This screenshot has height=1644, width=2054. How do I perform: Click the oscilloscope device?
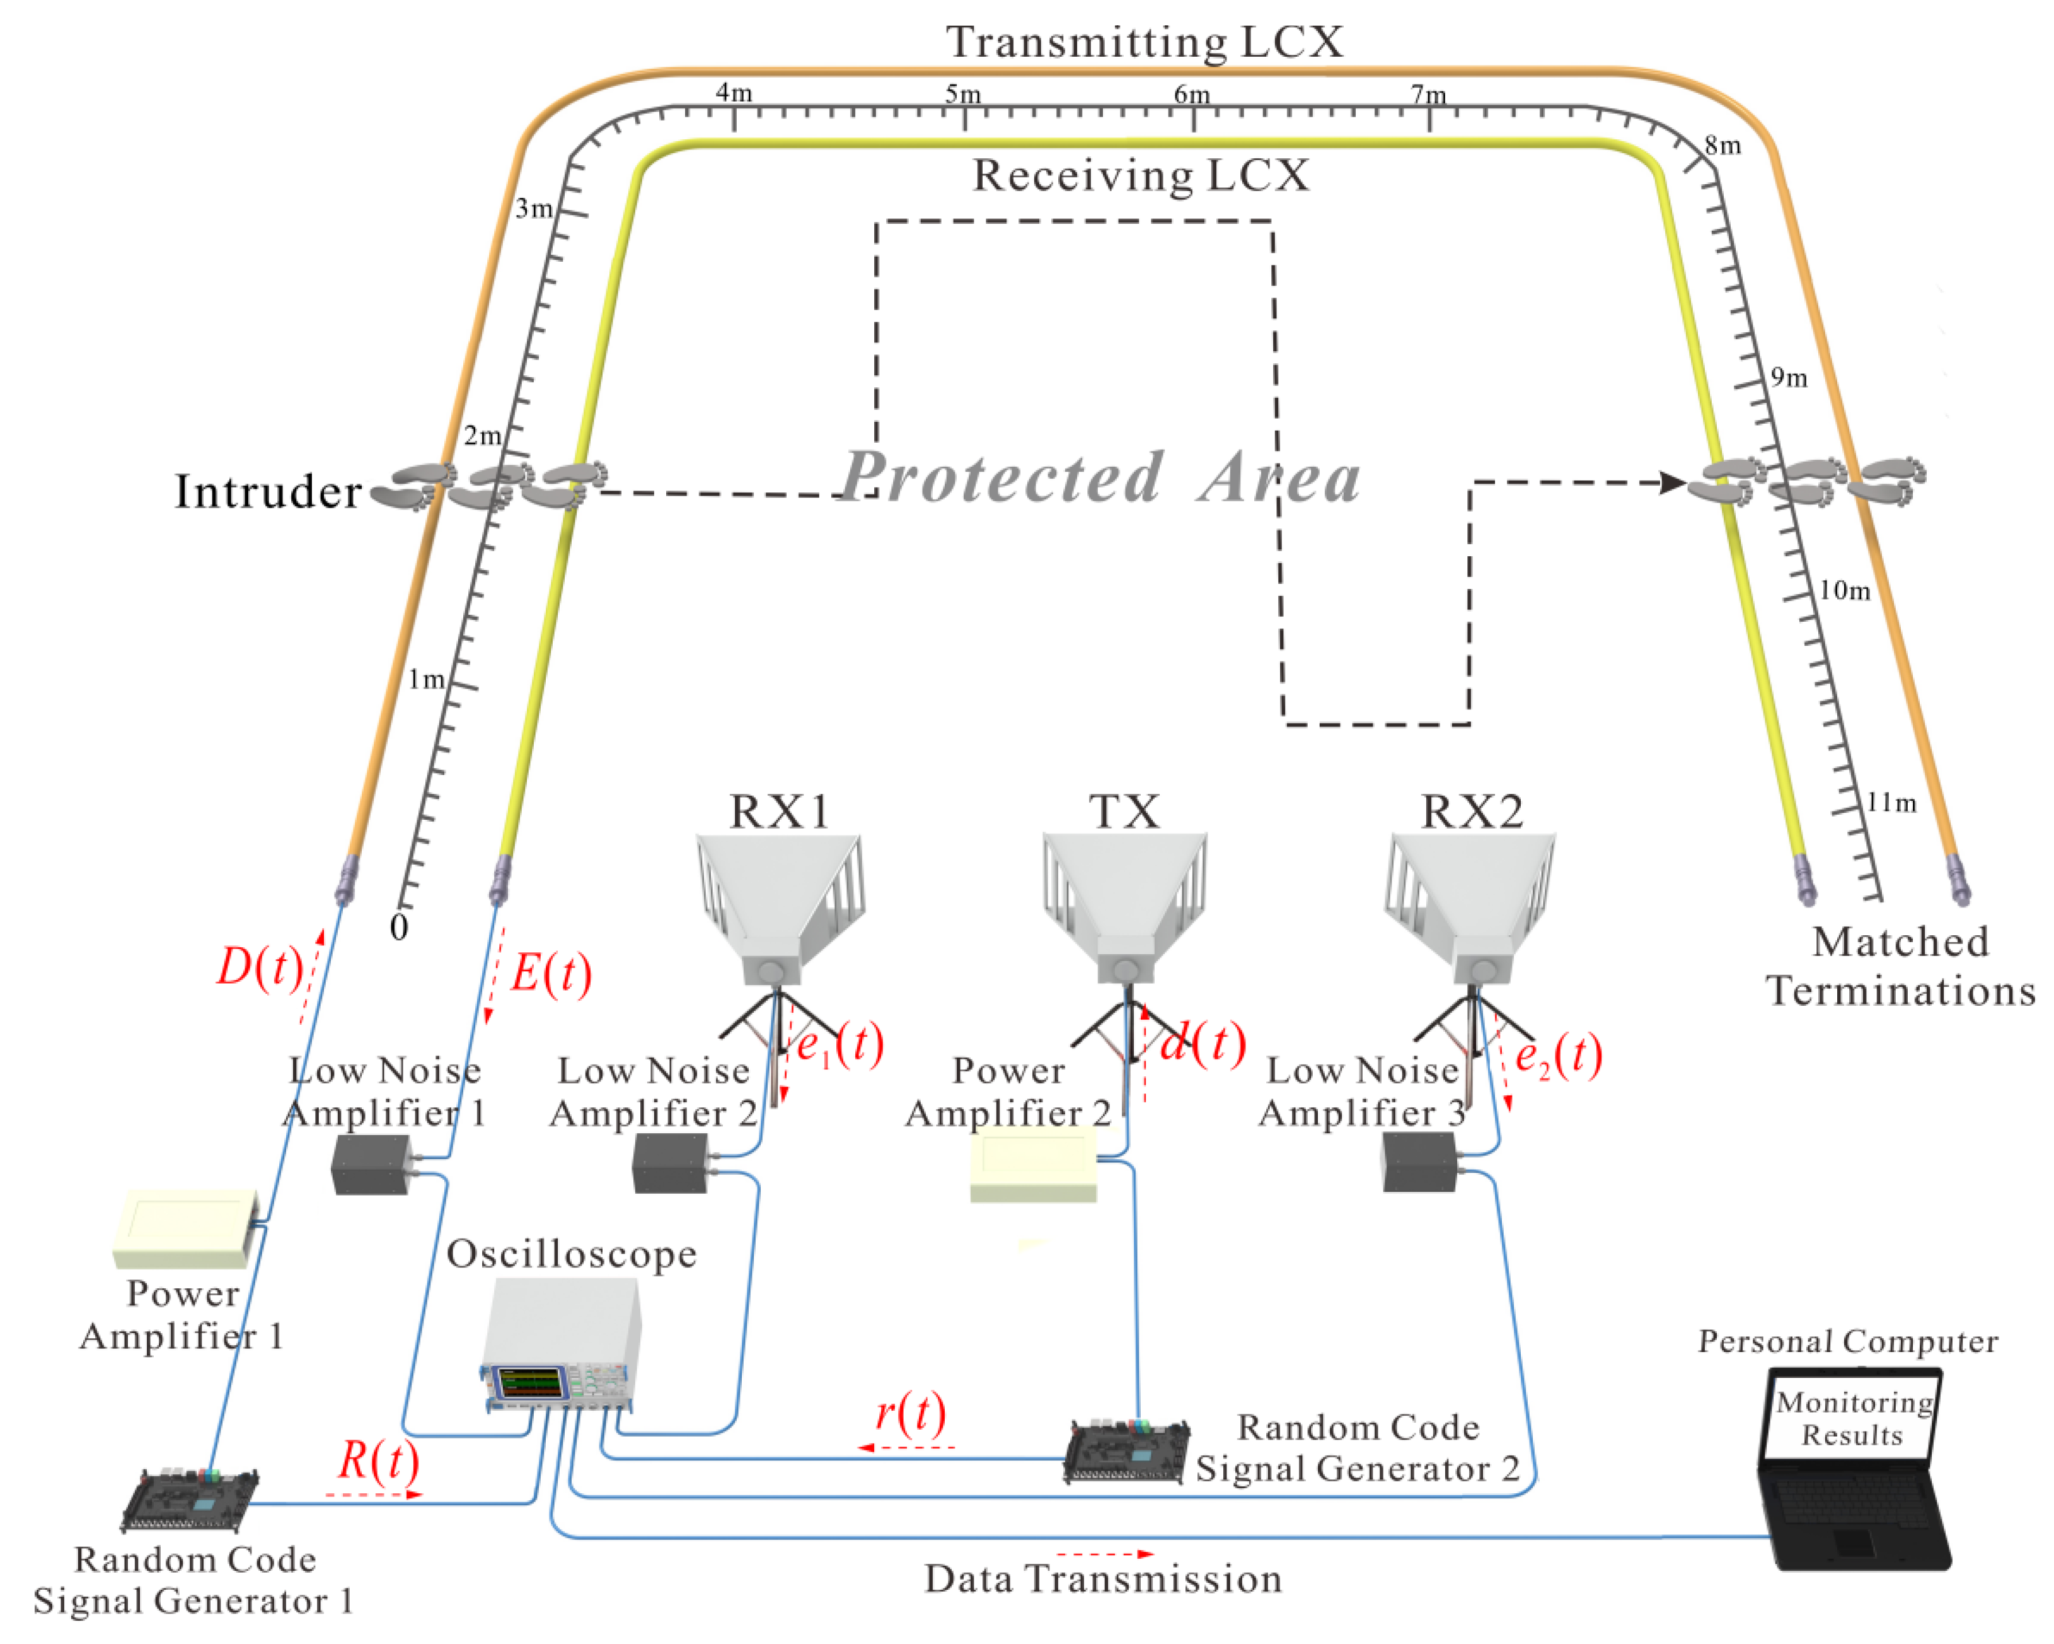560,1344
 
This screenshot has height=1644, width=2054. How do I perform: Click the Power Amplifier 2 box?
1034,1165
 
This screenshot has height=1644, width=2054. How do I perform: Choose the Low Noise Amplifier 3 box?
1419,1162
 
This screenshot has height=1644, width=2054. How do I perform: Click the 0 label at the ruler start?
399,927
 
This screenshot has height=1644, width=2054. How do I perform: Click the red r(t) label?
911,1413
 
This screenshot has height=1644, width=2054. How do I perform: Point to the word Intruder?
268,492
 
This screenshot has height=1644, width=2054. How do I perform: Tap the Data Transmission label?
1103,1579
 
